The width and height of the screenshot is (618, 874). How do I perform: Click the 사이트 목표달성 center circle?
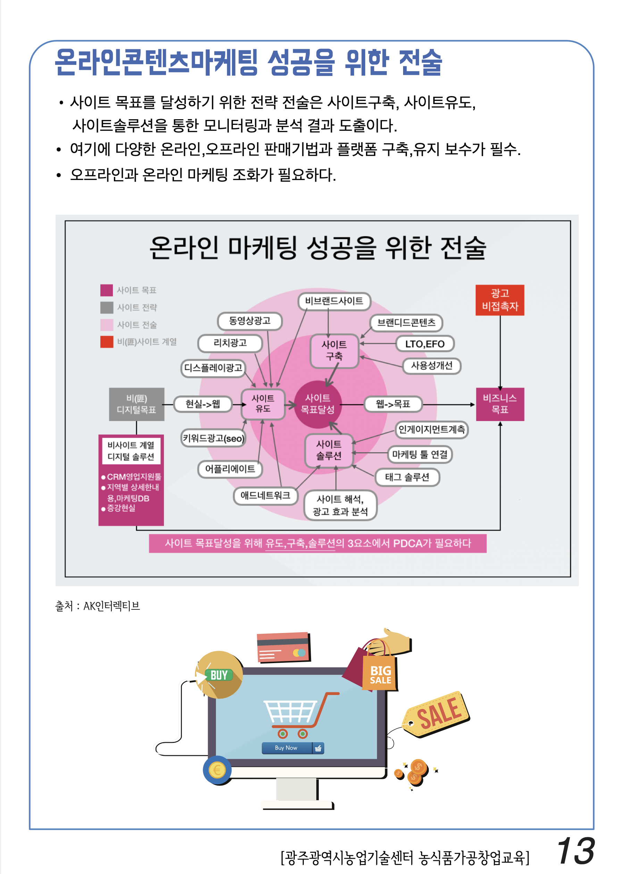click(x=317, y=404)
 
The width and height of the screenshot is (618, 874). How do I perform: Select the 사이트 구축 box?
click(x=334, y=351)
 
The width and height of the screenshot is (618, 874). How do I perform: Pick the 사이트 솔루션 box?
click(x=329, y=450)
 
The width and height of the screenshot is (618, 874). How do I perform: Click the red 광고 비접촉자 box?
click(x=500, y=300)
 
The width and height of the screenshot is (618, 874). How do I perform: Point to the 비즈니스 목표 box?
click(x=500, y=404)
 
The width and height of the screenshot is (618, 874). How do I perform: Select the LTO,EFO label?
click(x=425, y=344)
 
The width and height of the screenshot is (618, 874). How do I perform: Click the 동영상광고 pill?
click(x=250, y=321)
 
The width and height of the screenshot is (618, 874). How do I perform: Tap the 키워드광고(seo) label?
click(x=214, y=438)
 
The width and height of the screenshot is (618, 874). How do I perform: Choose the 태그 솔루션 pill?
click(x=407, y=477)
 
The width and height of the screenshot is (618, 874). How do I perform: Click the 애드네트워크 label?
click(x=266, y=495)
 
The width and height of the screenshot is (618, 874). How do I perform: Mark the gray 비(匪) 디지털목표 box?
click(x=136, y=404)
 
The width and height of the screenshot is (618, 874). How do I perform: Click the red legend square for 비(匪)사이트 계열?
click(x=107, y=342)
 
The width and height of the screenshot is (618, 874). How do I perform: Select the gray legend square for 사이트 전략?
click(x=107, y=307)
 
